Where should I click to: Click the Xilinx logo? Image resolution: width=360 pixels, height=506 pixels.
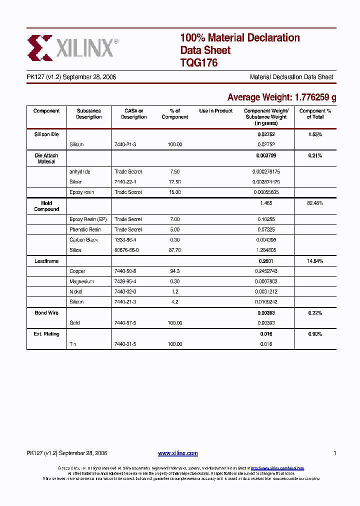click(x=73, y=48)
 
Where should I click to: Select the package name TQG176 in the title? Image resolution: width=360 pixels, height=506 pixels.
click(x=198, y=63)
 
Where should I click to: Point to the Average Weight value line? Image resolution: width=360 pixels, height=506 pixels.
click(x=281, y=97)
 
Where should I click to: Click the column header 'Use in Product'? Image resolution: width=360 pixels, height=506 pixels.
click(x=216, y=111)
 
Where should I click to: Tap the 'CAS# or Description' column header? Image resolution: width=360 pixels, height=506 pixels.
click(x=133, y=114)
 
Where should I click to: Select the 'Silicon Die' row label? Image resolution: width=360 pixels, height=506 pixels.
click(x=46, y=135)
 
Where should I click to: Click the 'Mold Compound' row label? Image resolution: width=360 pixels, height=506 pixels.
click(x=46, y=206)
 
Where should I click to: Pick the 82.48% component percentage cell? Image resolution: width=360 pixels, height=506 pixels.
click(x=315, y=203)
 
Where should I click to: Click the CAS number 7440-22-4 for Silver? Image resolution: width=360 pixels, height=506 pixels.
click(x=125, y=182)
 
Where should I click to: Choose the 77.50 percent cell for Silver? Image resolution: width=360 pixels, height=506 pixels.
click(x=175, y=182)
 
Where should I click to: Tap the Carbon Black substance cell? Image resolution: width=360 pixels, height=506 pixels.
click(x=83, y=240)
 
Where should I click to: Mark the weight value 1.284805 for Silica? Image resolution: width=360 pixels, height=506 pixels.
click(x=266, y=250)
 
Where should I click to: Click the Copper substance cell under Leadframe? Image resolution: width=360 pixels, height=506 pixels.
click(x=77, y=271)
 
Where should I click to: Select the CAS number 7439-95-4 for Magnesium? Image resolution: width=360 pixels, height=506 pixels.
click(x=125, y=281)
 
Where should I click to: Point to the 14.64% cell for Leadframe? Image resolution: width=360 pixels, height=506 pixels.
click(x=315, y=261)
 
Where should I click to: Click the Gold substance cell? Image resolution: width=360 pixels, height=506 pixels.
click(x=75, y=323)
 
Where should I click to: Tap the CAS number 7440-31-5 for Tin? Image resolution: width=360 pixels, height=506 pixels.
click(x=125, y=344)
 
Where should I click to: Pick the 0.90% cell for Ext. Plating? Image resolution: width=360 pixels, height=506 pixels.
click(x=315, y=334)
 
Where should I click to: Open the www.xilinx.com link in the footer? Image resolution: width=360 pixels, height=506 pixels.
click(x=178, y=453)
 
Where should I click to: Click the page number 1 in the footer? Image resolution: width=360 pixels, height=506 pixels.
click(x=334, y=453)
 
